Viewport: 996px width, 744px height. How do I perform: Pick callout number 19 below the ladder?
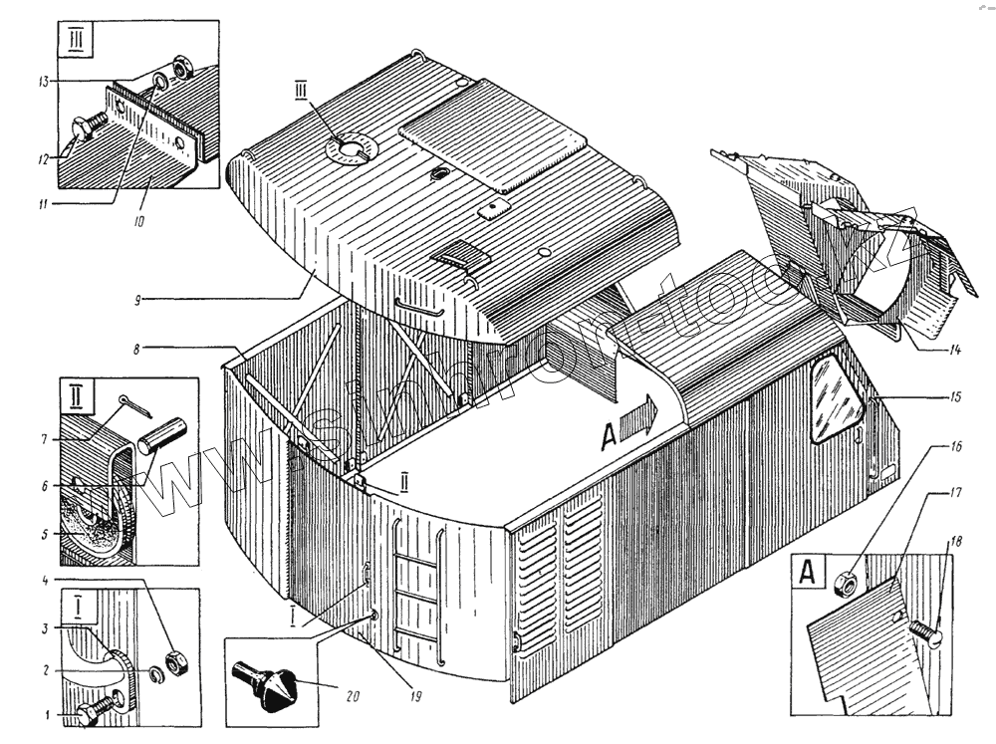(415, 696)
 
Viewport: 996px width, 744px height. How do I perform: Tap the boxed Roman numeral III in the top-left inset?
(76, 44)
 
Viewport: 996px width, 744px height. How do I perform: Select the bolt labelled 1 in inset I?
(93, 710)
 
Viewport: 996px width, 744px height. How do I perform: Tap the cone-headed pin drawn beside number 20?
(269, 684)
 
